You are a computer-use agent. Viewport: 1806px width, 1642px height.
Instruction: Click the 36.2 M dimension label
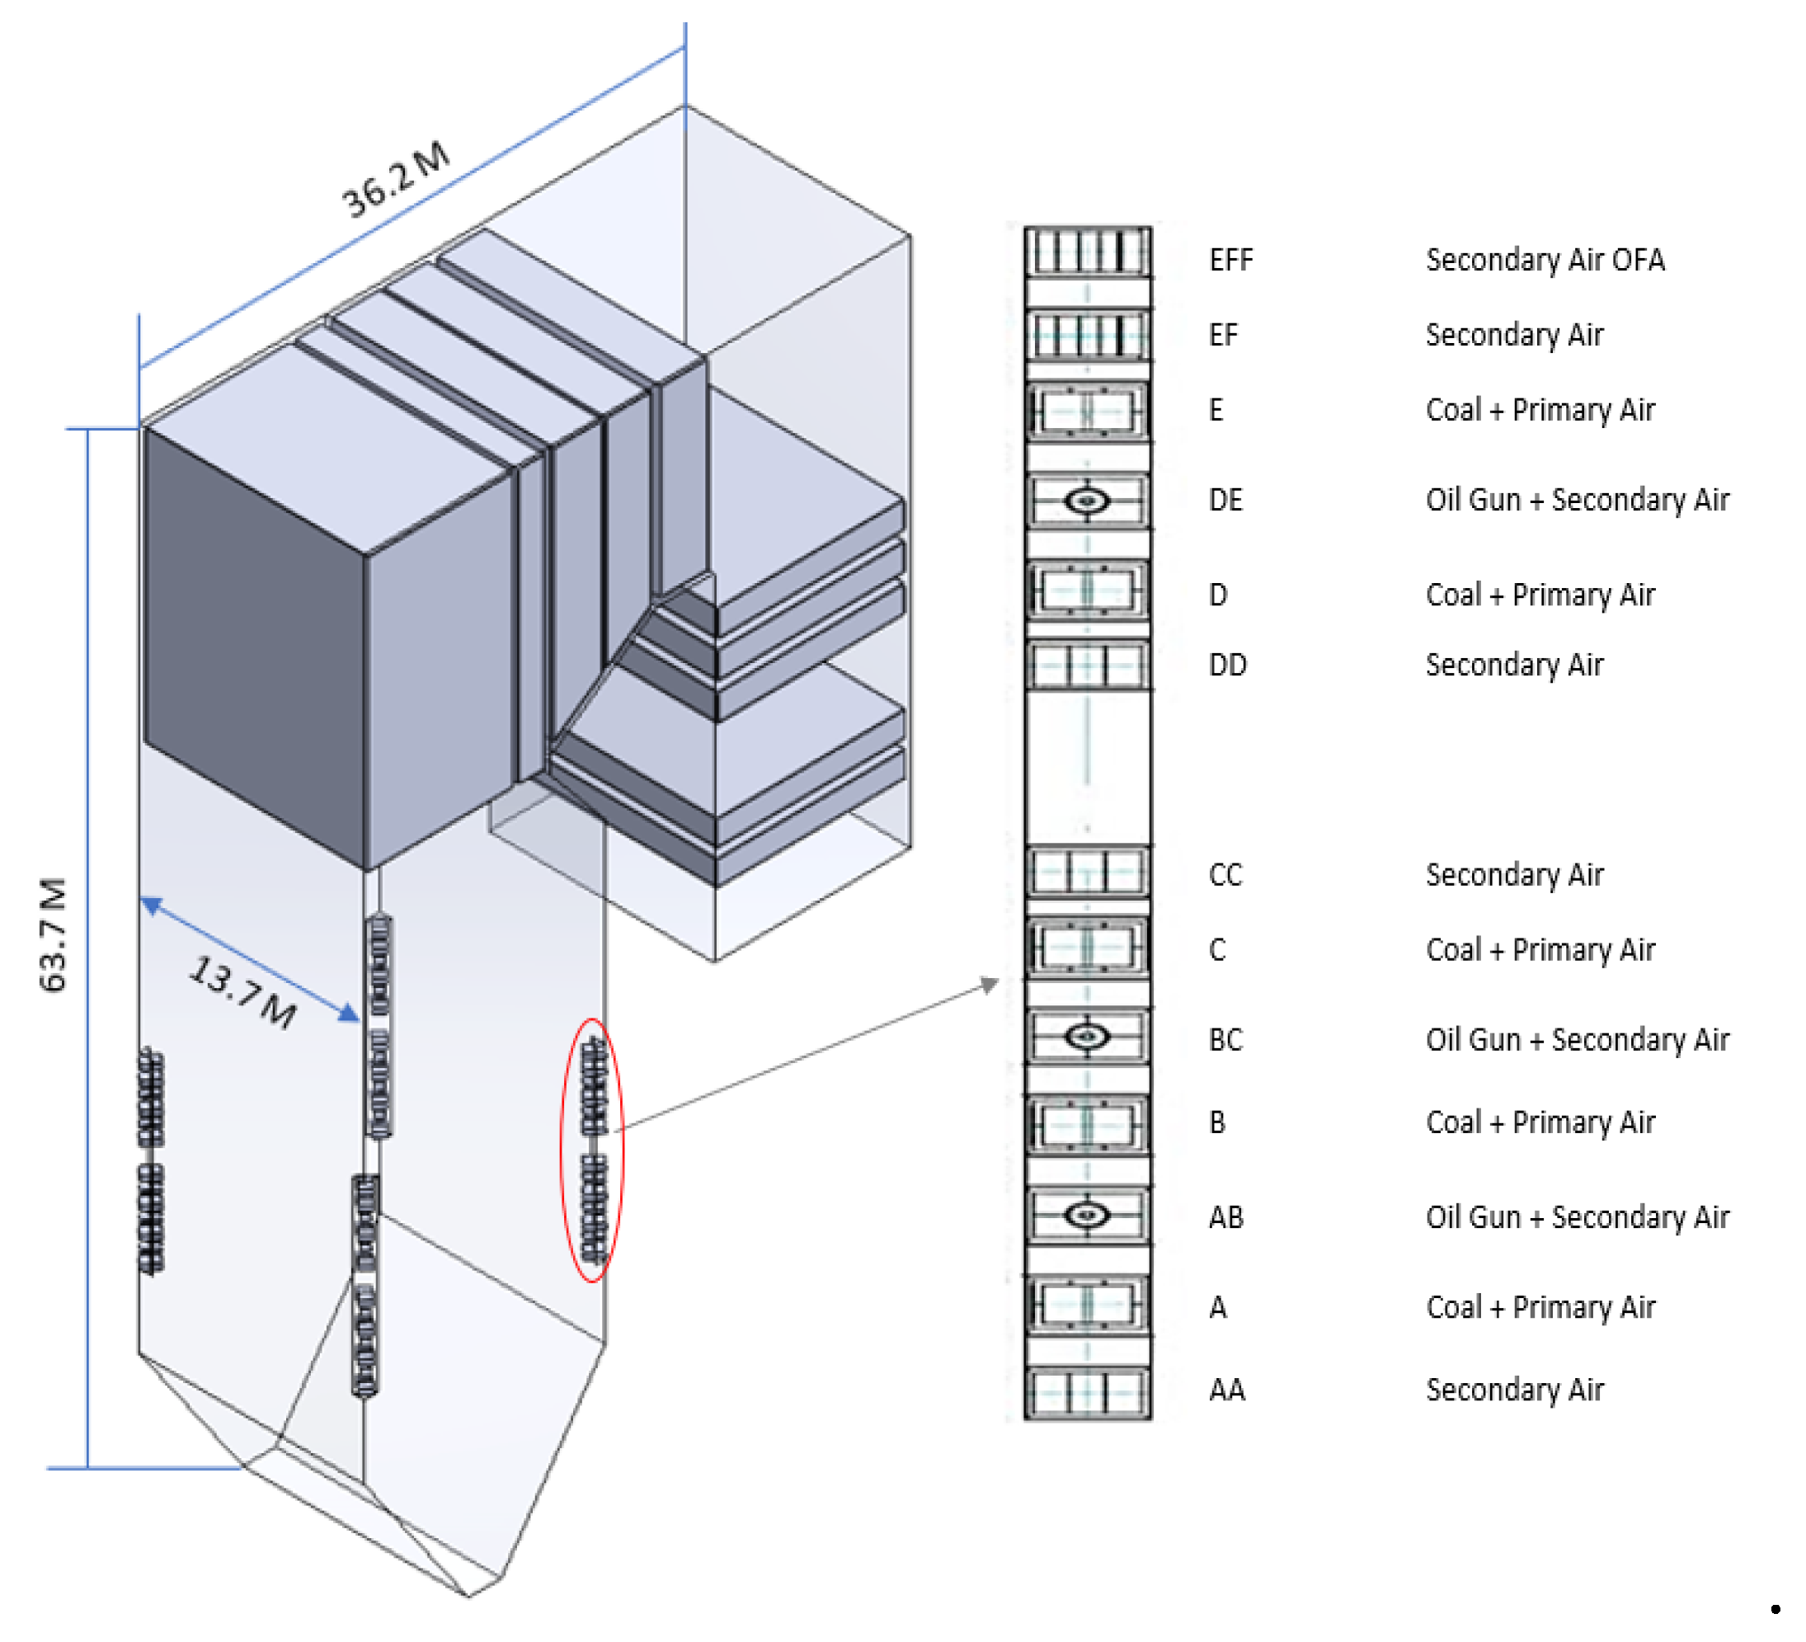396,180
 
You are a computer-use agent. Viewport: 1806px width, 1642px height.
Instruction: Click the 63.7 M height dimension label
54,934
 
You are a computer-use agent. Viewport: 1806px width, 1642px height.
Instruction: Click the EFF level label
1231,261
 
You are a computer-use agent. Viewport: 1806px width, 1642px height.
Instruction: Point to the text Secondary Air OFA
1545,261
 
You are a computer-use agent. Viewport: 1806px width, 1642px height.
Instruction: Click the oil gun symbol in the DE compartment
1088,501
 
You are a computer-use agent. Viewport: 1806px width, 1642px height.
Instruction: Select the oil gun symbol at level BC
1088,1037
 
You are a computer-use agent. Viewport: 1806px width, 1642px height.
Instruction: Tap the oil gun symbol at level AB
1088,1216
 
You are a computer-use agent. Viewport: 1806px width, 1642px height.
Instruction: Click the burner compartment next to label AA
1088,1392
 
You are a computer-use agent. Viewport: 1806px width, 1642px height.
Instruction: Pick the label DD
1227,666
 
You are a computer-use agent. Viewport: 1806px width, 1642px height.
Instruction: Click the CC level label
1225,875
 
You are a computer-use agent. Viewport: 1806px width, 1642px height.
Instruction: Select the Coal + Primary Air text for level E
1540,410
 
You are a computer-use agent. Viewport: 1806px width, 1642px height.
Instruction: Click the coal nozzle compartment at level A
1088,1305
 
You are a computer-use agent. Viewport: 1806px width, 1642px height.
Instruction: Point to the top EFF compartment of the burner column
1088,252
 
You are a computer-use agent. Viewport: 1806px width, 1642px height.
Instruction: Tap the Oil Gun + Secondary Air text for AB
1577,1217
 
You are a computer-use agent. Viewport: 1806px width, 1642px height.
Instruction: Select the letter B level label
1216,1122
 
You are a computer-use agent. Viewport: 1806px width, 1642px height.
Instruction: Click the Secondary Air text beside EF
1514,335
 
